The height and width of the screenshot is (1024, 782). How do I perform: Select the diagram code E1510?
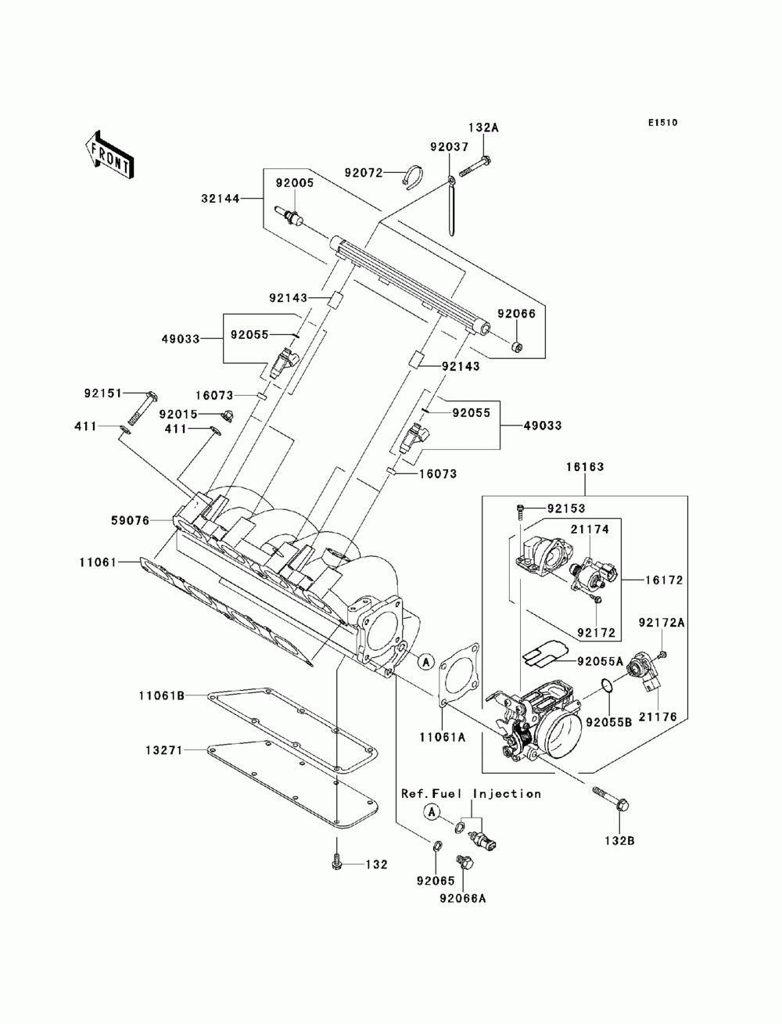tap(662, 123)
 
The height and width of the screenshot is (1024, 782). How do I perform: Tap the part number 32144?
tap(221, 199)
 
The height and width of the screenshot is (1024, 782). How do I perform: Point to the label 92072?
tap(364, 173)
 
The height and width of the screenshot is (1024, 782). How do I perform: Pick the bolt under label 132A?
tap(475, 167)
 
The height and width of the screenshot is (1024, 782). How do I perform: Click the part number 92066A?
tap(462, 898)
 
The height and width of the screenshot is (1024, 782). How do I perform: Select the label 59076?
tap(130, 520)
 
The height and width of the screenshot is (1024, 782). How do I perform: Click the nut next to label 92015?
tap(227, 415)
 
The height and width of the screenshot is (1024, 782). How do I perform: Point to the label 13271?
tap(164, 750)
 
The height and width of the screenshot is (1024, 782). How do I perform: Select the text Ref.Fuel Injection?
tap(471, 793)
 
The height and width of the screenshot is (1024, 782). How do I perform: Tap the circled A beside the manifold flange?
tap(425, 661)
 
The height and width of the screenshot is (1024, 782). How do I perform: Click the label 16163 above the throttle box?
tap(585, 467)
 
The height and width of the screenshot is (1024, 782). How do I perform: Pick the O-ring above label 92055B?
tap(607, 686)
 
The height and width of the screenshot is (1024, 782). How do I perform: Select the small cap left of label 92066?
tap(517, 347)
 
